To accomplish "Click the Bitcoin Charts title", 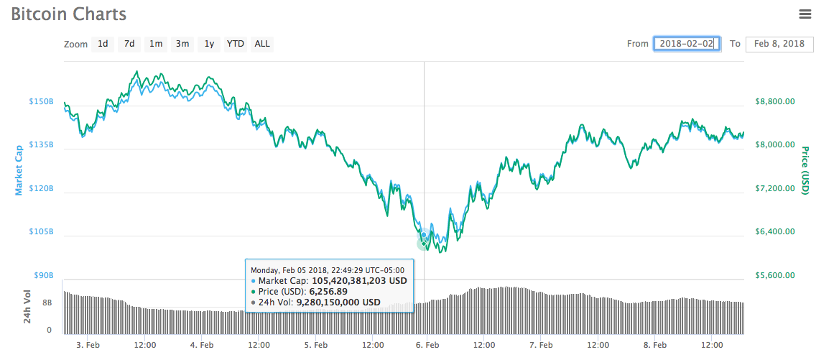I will pyautogui.click(x=68, y=14).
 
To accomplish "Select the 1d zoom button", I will pyautogui.click(x=103, y=44).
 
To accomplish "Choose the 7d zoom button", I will pyautogui.click(x=129, y=44).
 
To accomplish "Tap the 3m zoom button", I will pyautogui.click(x=182, y=44).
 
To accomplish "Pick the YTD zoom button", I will pyautogui.click(x=236, y=44).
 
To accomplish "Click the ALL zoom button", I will pyautogui.click(x=262, y=44).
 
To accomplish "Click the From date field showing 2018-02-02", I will pyautogui.click(x=686, y=44).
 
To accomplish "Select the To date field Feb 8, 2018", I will pyautogui.click(x=779, y=44).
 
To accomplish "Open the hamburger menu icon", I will pyautogui.click(x=805, y=14).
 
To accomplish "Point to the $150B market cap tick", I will pyautogui.click(x=40, y=102).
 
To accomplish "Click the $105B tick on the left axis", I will pyautogui.click(x=40, y=232).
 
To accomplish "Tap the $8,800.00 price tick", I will pyautogui.click(x=775, y=102).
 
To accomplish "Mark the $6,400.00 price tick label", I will pyautogui.click(x=775, y=232).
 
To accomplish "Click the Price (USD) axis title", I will pyautogui.click(x=805, y=170).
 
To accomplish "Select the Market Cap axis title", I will pyautogui.click(x=19, y=170).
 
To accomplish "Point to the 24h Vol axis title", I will pyautogui.click(x=27, y=306).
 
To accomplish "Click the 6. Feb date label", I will pyautogui.click(x=427, y=345).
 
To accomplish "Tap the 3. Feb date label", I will pyautogui.click(x=88, y=345).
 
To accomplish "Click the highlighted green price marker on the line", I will pyautogui.click(x=424, y=243).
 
